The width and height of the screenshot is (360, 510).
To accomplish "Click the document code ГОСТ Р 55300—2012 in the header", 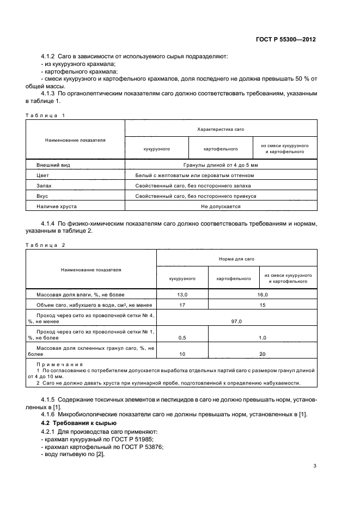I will click(x=286, y=40).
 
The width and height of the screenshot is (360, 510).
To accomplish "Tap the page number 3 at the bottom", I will click(x=315, y=465).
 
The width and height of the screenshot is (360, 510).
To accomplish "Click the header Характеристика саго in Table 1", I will click(x=221, y=129).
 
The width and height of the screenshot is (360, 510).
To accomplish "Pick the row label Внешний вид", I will click(x=53, y=165).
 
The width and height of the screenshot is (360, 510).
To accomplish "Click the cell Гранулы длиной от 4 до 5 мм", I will click(x=221, y=165).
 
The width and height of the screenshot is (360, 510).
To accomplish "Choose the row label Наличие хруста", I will click(x=56, y=207).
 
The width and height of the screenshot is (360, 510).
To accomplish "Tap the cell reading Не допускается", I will click(x=221, y=207).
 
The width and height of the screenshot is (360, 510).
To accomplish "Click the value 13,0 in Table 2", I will click(x=182, y=294).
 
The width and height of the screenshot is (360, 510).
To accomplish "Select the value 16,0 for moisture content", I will click(x=262, y=294).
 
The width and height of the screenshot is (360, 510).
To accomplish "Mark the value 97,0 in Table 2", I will click(x=236, y=321).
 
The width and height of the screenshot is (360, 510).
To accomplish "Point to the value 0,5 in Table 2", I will click(x=182, y=338).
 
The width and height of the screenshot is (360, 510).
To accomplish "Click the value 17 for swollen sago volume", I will click(x=182, y=305).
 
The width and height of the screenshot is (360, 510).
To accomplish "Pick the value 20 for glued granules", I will click(x=262, y=354).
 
